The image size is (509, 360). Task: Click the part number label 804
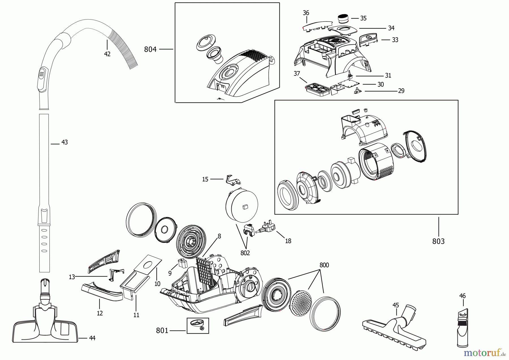pos(150,50)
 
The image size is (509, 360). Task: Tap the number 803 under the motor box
pos(438,241)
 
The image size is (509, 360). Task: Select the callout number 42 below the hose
pos(107,54)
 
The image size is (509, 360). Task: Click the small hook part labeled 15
pos(232,180)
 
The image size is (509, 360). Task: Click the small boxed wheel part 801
pos(198,325)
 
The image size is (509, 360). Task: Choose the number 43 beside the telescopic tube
pos(64,142)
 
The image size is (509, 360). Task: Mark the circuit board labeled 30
pos(348,84)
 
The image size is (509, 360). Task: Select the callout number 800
pos(324,265)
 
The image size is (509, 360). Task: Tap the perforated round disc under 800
pos(301,303)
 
